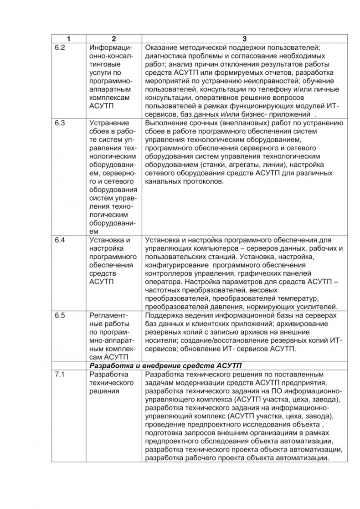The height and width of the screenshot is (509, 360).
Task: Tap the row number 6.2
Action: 60,48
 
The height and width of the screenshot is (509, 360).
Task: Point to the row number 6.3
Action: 60,123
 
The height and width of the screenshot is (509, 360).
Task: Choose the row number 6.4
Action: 60,240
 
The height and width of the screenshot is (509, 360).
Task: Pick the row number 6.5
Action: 60,315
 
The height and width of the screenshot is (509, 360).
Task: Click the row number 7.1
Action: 60,374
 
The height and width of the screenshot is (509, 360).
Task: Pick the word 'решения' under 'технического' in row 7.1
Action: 104,391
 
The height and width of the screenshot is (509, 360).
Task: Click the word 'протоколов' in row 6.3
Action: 204,181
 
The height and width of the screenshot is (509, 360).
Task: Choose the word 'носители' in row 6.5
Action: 159,340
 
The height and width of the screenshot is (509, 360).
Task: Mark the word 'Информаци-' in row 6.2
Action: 111,48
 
